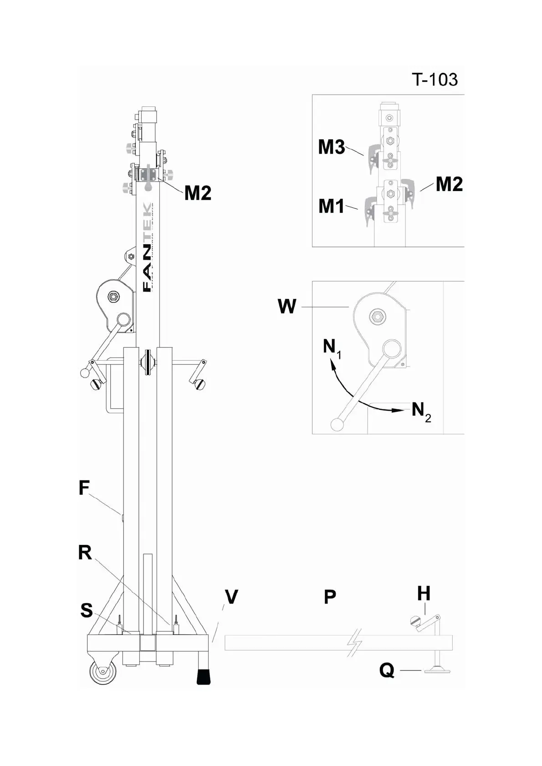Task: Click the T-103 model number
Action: tap(435, 80)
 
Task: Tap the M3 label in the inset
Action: tap(331, 147)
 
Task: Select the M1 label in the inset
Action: tap(331, 206)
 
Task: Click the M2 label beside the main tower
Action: tap(198, 193)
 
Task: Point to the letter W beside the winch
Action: tap(287, 307)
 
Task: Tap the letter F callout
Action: tap(84, 488)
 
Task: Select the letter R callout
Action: tap(85, 553)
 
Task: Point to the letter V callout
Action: tap(231, 597)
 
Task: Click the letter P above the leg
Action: tap(330, 597)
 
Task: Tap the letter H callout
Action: tap(424, 594)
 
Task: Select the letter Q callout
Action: tap(387, 670)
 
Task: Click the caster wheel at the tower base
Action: tap(102, 672)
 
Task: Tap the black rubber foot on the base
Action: tap(204, 676)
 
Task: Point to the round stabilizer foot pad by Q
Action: tap(437, 670)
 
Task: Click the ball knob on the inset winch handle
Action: tap(337, 424)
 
